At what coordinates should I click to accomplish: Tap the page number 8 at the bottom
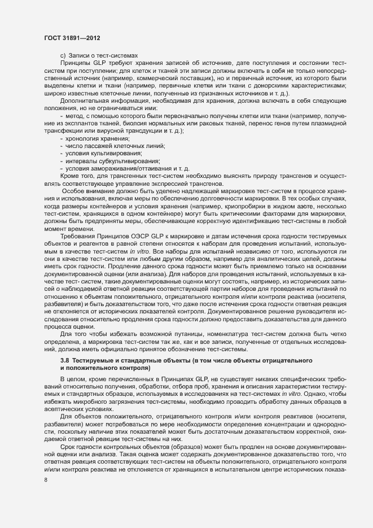[x=46, y=480]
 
